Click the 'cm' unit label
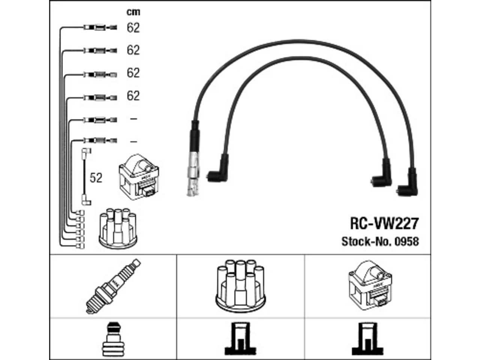[x=133, y=12]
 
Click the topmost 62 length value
[x=133, y=28]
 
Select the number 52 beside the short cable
[x=96, y=178]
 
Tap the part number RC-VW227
[x=384, y=223]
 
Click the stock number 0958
[x=407, y=241]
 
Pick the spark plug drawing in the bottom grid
[x=113, y=286]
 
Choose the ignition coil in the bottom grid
[x=370, y=285]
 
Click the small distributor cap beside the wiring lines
[x=118, y=229]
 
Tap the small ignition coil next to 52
[x=139, y=177]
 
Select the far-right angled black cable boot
[x=408, y=183]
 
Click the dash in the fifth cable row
[x=133, y=119]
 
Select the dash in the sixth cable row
[x=133, y=142]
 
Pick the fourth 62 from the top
[x=133, y=96]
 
